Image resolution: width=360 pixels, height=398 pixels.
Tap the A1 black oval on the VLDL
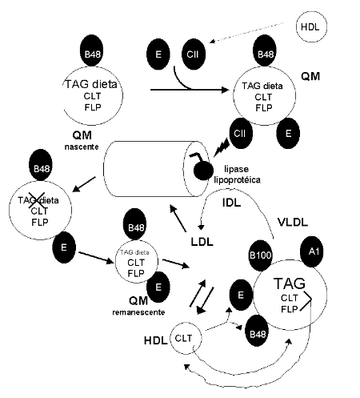click(x=312, y=251)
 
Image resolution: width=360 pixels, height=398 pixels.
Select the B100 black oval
click(x=260, y=255)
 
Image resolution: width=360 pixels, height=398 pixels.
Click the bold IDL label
click(x=231, y=203)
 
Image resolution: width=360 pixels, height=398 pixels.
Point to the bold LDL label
click(x=202, y=242)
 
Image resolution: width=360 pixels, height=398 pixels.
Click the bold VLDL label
click(x=293, y=222)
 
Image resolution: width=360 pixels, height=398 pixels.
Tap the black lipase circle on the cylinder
click(x=203, y=171)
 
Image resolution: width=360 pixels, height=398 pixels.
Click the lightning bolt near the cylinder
click(x=222, y=147)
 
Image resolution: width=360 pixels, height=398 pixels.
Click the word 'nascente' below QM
click(x=82, y=147)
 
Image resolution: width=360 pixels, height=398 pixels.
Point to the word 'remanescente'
click(x=138, y=312)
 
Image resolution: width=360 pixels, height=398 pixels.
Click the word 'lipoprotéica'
click(x=237, y=180)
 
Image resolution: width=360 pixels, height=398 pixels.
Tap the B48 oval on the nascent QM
click(x=92, y=50)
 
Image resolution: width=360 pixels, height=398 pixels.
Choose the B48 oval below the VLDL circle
click(x=257, y=331)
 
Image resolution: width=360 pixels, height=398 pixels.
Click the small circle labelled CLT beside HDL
click(x=186, y=338)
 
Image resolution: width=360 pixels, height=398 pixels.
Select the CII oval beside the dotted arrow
click(x=194, y=54)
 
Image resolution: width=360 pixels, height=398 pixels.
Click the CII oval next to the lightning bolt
click(x=241, y=133)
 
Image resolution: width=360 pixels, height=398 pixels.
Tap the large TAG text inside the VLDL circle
click(x=290, y=283)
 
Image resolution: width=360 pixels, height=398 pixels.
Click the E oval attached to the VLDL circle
click(x=241, y=295)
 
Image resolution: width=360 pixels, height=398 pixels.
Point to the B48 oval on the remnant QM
click(x=135, y=224)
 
